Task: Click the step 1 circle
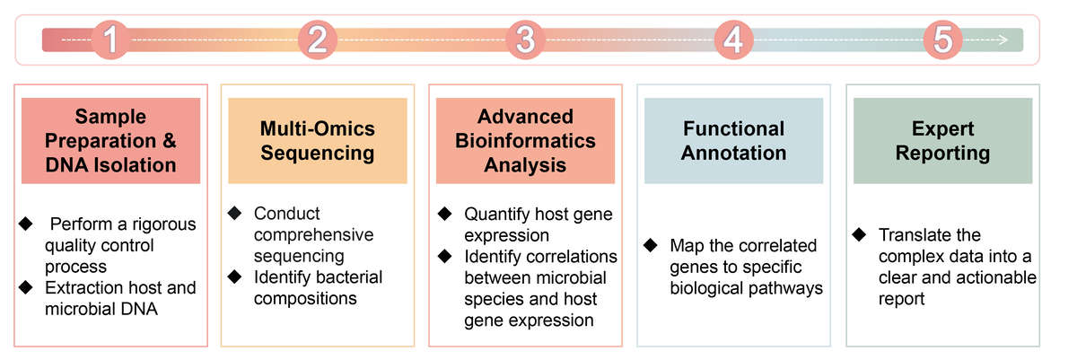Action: [110, 40]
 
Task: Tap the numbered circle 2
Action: [318, 40]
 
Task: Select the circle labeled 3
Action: [526, 40]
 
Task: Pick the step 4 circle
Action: [733, 40]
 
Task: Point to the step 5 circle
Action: [941, 40]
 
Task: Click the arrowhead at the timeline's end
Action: [1002, 40]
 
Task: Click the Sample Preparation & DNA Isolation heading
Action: [111, 141]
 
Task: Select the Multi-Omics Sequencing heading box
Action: [318, 141]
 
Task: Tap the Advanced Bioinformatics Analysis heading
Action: [526, 141]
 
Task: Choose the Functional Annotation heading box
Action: [733, 141]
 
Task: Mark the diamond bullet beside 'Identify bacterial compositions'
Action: [235, 277]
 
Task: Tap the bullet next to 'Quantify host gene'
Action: [443, 215]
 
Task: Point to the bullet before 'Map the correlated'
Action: [651, 245]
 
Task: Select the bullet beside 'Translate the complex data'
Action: [859, 235]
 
